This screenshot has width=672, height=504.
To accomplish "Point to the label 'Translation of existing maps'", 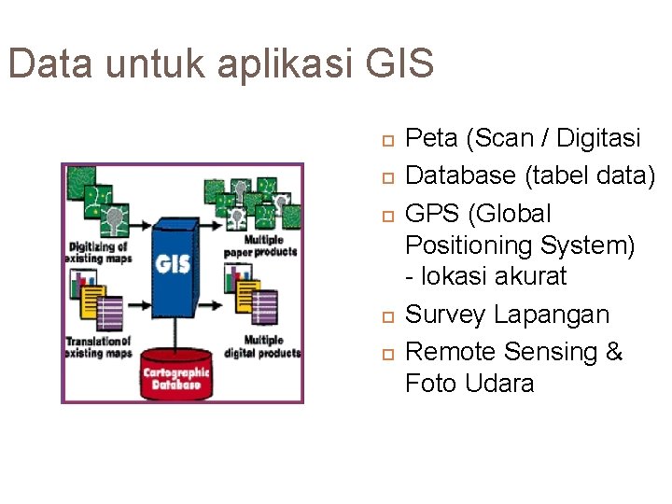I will tap(98, 347).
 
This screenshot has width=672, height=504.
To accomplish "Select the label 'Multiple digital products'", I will tap(263, 346).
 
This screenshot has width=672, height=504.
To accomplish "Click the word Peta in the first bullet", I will tap(432, 138).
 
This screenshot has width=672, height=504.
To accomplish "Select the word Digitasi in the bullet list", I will tap(598, 138).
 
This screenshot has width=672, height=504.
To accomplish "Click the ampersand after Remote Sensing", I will tap(613, 352).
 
